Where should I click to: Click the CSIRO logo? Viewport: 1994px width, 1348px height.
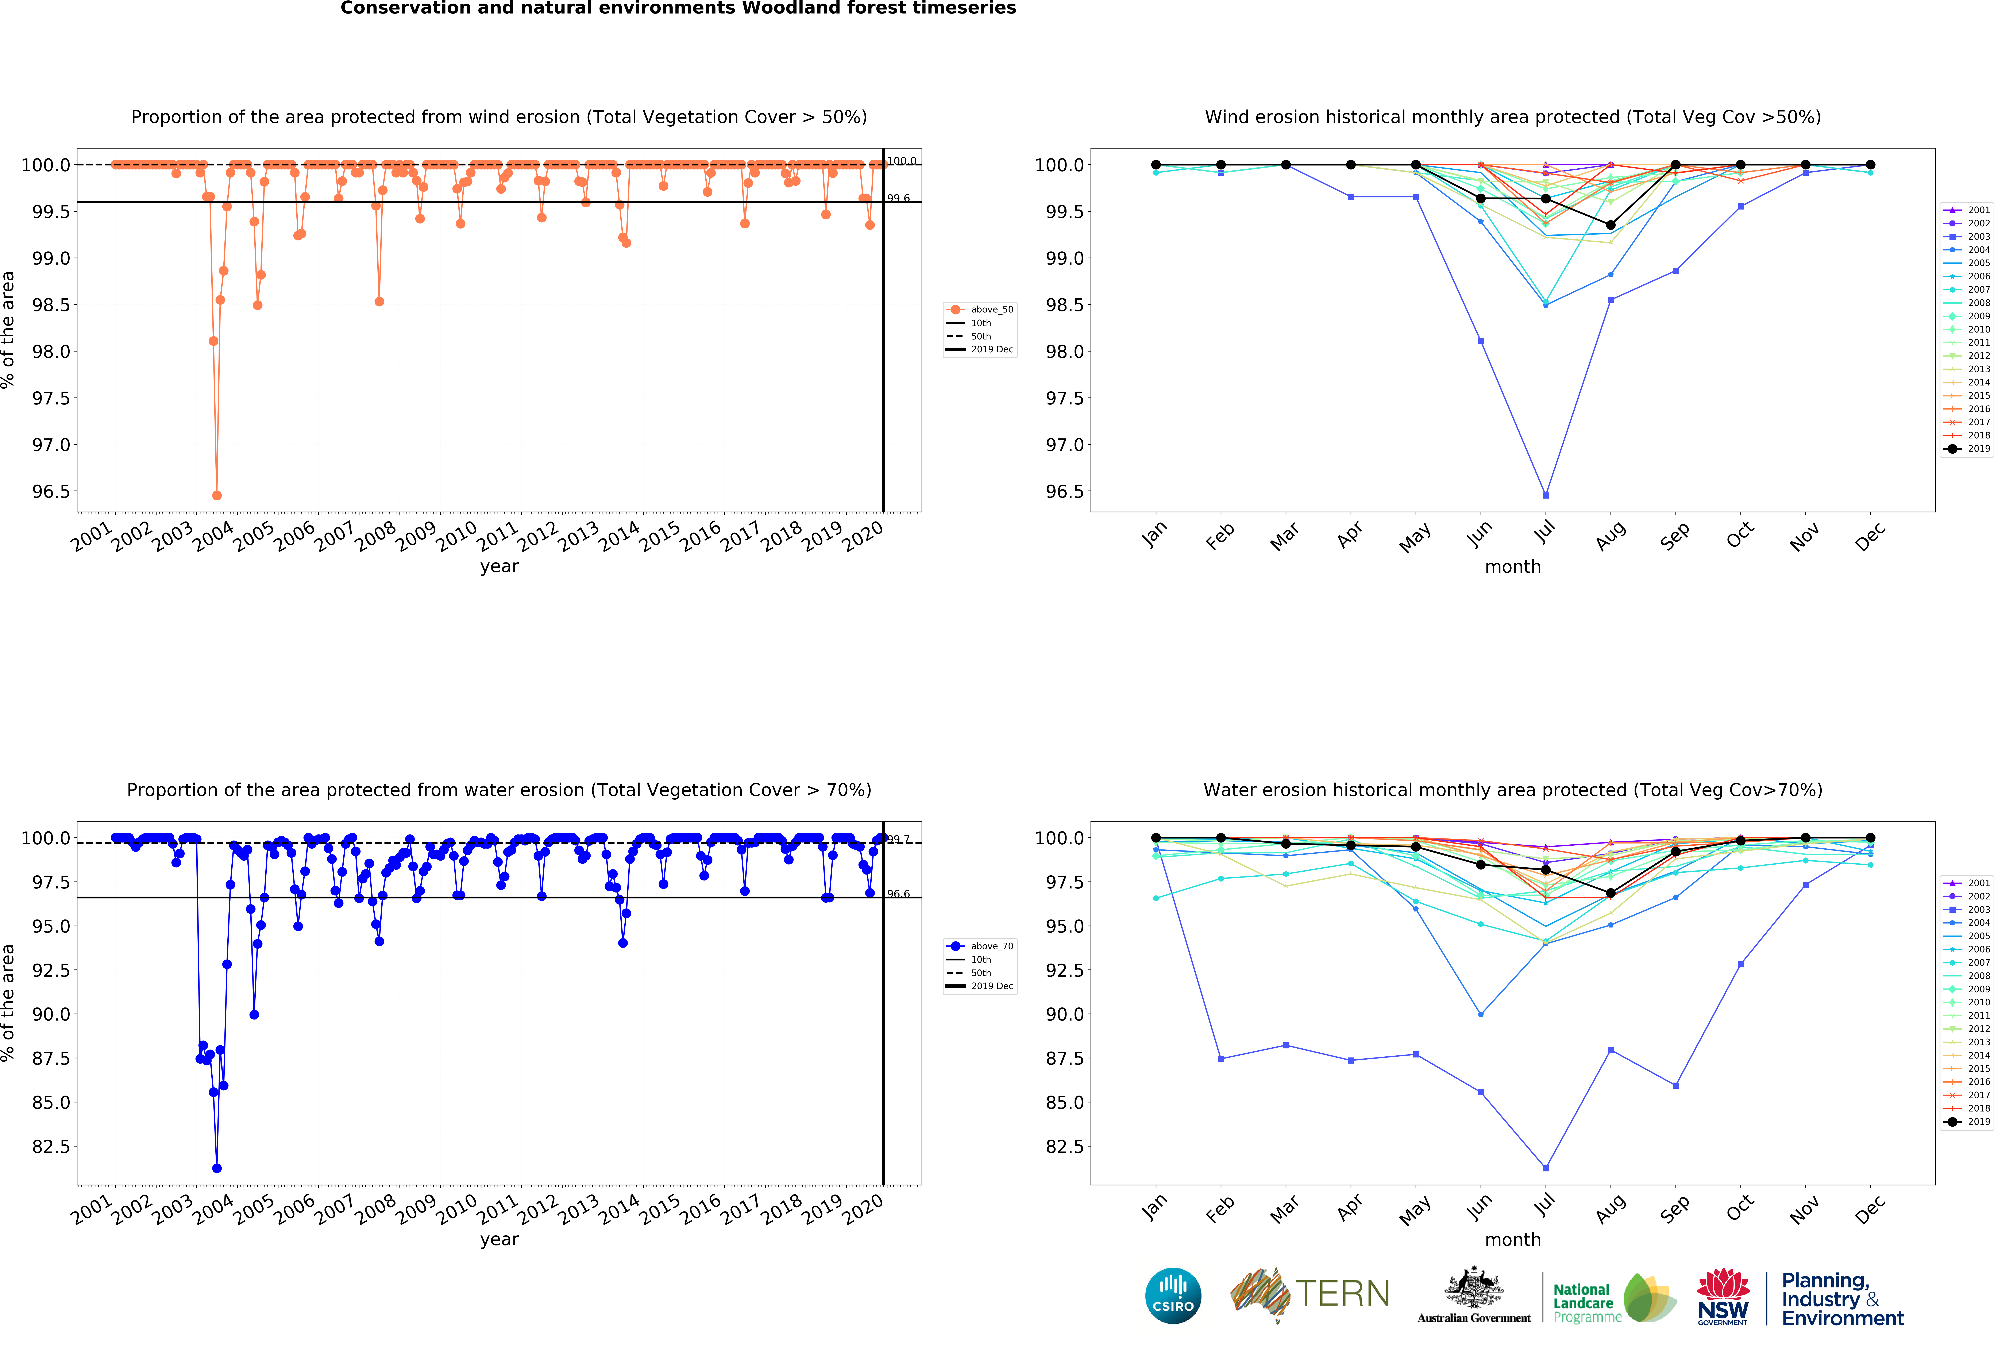(1173, 1296)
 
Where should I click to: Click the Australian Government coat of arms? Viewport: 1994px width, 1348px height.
(1473, 1287)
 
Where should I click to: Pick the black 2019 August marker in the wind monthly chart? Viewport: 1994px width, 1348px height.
(1611, 225)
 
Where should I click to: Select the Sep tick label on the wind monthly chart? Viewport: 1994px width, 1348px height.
(1674, 535)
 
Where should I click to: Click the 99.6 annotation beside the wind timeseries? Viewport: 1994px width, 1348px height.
(898, 198)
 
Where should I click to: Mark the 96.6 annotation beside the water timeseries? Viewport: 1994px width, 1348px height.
(898, 894)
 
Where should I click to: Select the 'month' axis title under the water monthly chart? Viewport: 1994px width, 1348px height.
(1513, 1240)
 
